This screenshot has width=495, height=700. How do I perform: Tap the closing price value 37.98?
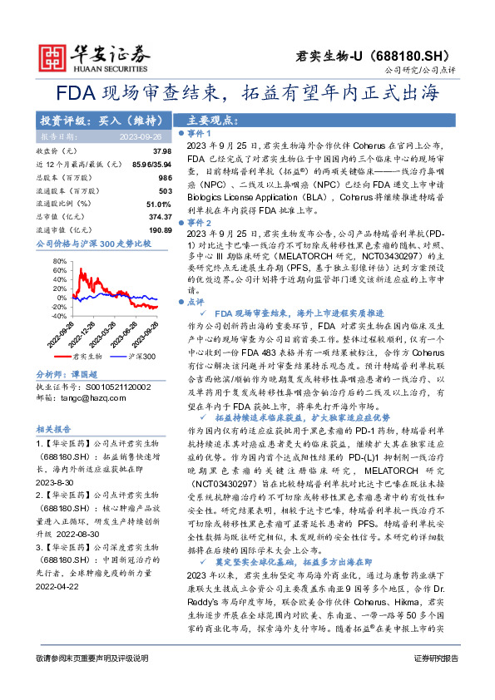(x=162, y=151)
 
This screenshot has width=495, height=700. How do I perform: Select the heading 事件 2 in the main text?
(x=199, y=224)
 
